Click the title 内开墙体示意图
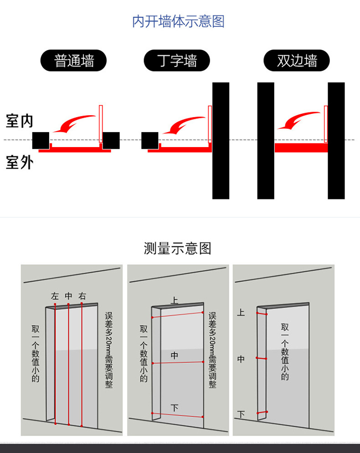(178, 21)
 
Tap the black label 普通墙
(73, 61)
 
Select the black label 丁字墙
(177, 61)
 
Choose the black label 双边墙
(297, 61)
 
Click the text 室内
(19, 121)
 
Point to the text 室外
(19, 163)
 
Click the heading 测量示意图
(178, 249)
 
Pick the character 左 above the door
(55, 296)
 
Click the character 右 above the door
(82, 296)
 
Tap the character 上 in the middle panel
(175, 300)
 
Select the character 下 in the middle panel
(175, 408)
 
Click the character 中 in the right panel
(241, 359)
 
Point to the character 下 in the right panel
(241, 414)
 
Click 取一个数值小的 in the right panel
(285, 351)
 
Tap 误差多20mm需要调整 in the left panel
(109, 350)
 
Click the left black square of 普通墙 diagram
(41, 140)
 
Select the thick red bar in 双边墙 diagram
(301, 148)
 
